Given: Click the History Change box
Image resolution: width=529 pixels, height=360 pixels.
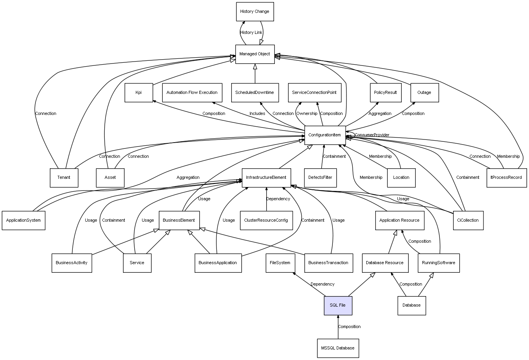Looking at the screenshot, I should click(x=255, y=12).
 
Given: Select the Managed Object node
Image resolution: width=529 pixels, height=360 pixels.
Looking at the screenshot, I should click(x=255, y=54).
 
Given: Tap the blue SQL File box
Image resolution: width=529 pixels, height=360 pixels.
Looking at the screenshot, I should click(x=337, y=305).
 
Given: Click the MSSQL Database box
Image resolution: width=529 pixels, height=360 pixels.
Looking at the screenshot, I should click(x=337, y=348).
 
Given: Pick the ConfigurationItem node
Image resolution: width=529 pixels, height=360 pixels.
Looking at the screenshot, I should click(x=325, y=135).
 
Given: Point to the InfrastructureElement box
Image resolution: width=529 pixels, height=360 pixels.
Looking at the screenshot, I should click(x=266, y=178).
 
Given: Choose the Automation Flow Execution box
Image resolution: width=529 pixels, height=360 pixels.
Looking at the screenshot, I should click(x=192, y=93).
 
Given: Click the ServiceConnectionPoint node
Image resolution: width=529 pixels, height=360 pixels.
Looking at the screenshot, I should click(x=314, y=93).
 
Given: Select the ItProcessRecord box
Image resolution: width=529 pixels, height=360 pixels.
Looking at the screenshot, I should click(x=506, y=178).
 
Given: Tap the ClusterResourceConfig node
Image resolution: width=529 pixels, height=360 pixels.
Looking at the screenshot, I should click(x=266, y=220).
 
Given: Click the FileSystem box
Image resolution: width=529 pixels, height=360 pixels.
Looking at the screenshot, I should click(x=280, y=263).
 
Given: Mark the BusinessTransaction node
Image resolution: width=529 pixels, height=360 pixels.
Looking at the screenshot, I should click(x=328, y=263).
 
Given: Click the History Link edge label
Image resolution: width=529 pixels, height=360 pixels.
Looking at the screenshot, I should click(x=251, y=33).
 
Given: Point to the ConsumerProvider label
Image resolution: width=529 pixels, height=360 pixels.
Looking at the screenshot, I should click(x=372, y=135).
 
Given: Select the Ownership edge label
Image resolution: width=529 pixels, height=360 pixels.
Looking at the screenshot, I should click(x=307, y=114).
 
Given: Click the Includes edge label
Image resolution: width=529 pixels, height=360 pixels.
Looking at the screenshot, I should click(x=257, y=114).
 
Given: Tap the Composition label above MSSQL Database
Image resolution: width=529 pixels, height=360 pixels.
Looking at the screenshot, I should click(x=349, y=326).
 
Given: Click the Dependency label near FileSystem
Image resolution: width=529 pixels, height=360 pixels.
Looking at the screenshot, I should click(x=322, y=284).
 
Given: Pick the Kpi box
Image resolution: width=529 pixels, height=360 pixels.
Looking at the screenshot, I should click(x=139, y=93).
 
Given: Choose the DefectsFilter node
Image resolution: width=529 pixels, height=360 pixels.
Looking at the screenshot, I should click(x=320, y=178).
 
